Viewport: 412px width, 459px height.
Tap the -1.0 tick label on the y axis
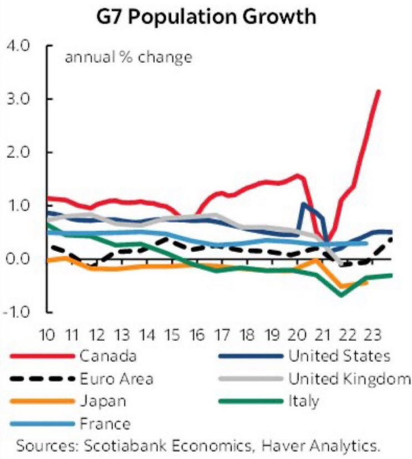tap(20, 312)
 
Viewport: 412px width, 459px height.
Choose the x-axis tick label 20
tap(298, 335)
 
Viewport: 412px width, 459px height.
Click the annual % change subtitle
tap(129, 57)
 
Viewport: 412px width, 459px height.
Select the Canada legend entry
tap(108, 355)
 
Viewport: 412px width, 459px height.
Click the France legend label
tap(105, 425)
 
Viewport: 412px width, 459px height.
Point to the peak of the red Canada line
tap(378, 91)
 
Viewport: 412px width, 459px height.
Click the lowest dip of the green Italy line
tap(341, 295)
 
